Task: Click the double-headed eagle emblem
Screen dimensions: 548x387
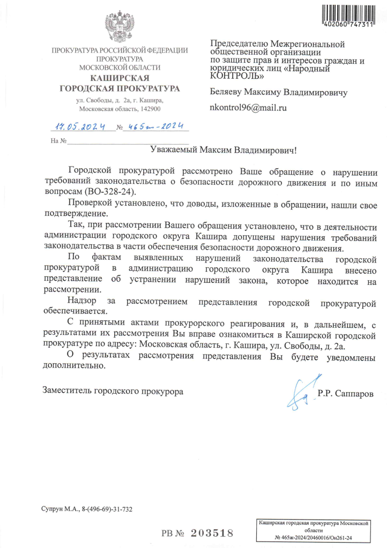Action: tap(120, 27)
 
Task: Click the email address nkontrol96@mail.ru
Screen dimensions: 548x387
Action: tap(248, 108)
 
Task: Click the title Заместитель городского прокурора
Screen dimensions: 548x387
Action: tap(113, 391)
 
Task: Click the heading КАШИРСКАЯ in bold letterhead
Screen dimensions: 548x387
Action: tap(120, 78)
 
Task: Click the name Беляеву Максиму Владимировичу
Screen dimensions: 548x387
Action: tap(278, 92)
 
